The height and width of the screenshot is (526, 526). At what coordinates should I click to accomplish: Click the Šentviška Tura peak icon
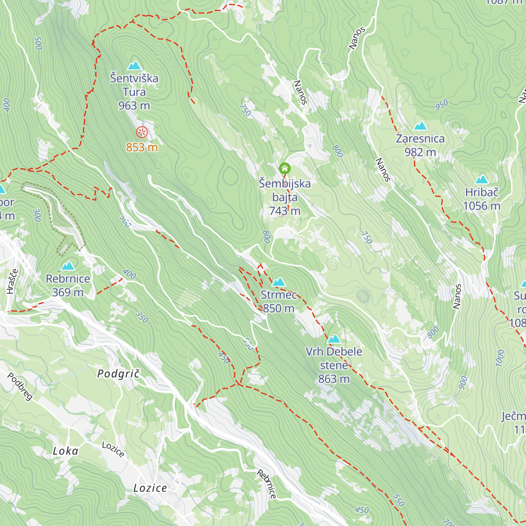pos(134,66)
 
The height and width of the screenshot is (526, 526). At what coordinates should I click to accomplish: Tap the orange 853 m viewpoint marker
pos(142,132)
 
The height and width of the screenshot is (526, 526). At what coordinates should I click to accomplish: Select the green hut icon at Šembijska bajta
pos(284,168)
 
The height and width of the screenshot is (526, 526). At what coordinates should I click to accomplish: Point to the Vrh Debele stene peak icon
pos(334,339)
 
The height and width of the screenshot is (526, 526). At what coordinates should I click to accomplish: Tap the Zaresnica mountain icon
pos(420,126)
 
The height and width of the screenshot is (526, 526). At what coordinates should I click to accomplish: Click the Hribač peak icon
pos(481,179)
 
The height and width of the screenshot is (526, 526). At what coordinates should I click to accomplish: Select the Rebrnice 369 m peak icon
pos(68,266)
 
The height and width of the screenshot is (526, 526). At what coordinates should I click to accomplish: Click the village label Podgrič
pos(118,373)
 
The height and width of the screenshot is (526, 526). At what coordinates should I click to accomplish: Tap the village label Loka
pos(66,451)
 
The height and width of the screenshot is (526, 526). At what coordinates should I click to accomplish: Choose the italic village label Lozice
pos(150,488)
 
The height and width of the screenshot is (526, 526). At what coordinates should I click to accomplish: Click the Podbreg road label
pos(20,387)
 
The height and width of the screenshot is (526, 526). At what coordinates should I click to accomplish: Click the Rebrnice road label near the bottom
pos(267,484)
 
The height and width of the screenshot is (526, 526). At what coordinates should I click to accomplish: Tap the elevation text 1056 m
pos(481,206)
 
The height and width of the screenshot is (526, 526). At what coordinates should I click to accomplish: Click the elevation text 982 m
pos(420,152)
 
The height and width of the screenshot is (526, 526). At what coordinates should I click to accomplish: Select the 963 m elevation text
pos(134,106)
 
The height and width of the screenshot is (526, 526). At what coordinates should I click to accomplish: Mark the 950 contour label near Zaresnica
pos(441,104)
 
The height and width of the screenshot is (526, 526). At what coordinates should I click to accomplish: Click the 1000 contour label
pos(500,358)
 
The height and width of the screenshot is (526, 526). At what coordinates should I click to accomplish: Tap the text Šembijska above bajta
pos(284,184)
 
